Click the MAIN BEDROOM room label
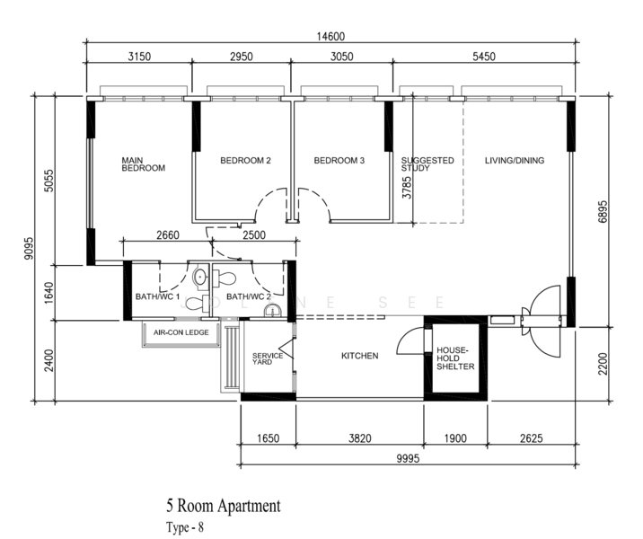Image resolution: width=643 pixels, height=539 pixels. pos(143,164)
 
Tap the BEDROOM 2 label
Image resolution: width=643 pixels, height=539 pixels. pos(246,161)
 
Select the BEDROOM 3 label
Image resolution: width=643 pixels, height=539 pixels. pos(339,161)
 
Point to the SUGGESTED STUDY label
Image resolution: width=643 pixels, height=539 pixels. pos(427,164)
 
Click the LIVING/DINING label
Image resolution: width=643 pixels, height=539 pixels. pos(515,161)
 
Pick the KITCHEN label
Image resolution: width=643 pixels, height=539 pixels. pos(359,356)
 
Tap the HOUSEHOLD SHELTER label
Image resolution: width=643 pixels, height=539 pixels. pos(455,358)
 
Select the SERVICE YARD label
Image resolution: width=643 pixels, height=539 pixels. pos(268,358)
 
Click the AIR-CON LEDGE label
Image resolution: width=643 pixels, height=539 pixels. pos(181,332)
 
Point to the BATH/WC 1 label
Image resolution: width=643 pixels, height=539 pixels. pos(157,296)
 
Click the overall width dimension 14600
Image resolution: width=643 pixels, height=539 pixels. pos(330,37)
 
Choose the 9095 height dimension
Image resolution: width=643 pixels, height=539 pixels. pos(29,248)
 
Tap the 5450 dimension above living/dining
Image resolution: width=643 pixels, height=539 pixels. pos(484,57)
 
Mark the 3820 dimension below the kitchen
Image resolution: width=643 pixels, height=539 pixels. pos(359,438)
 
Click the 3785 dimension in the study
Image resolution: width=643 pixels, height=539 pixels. pos(407,188)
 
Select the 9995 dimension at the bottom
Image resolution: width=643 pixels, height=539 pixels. pos(408,458)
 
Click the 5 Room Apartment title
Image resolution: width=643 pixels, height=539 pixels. pos(224,506)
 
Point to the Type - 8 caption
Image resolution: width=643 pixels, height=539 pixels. pos(185,526)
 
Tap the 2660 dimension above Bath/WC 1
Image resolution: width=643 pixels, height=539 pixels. pos(168,235)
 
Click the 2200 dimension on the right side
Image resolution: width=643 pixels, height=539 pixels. pos(603,364)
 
